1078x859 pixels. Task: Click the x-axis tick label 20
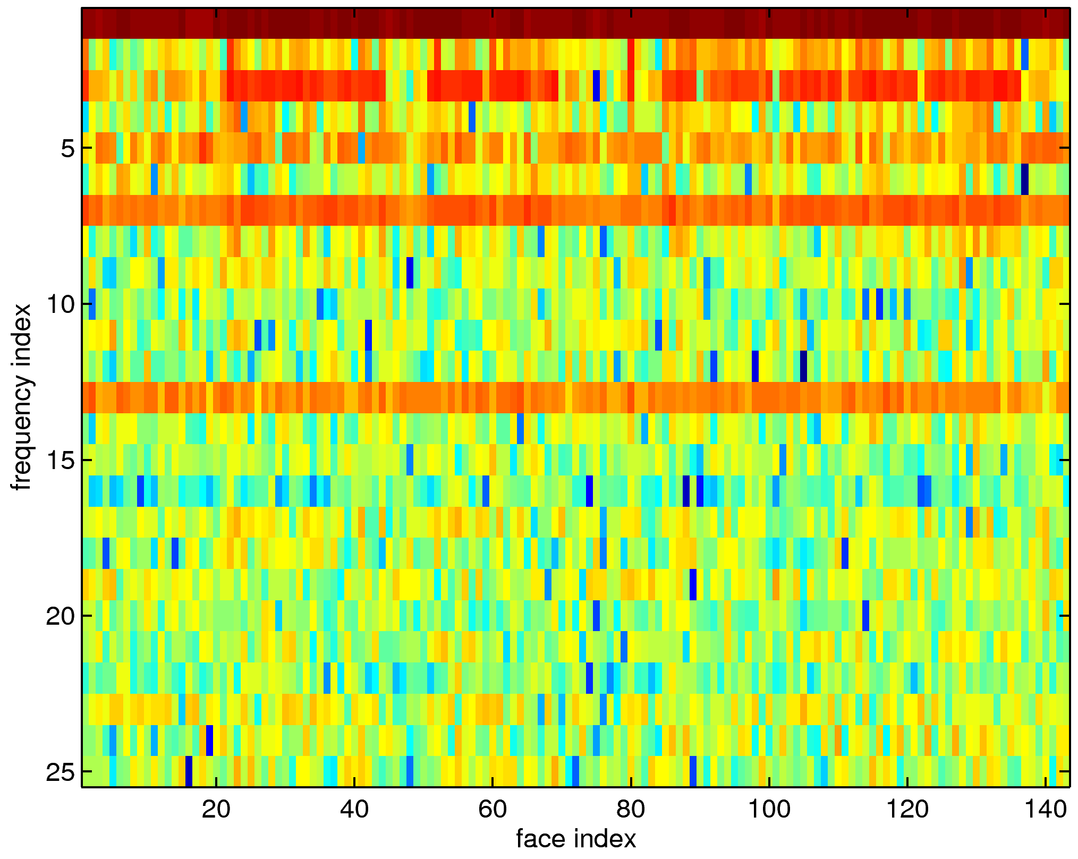[216, 810]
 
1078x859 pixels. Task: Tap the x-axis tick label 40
[354, 810]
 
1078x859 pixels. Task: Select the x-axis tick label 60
[492, 810]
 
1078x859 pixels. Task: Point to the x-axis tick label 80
[630, 810]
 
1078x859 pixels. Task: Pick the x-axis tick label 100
[768, 810]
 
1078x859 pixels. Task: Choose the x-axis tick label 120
[907, 810]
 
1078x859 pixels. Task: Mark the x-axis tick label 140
[1045, 810]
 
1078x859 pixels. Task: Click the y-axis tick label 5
[67, 148]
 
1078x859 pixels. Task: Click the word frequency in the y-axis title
[22, 430]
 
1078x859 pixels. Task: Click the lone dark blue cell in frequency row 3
[596, 86]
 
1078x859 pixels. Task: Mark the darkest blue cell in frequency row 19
[693, 585]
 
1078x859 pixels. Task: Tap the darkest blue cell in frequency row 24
[209, 741]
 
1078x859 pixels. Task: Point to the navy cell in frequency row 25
[189, 771]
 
